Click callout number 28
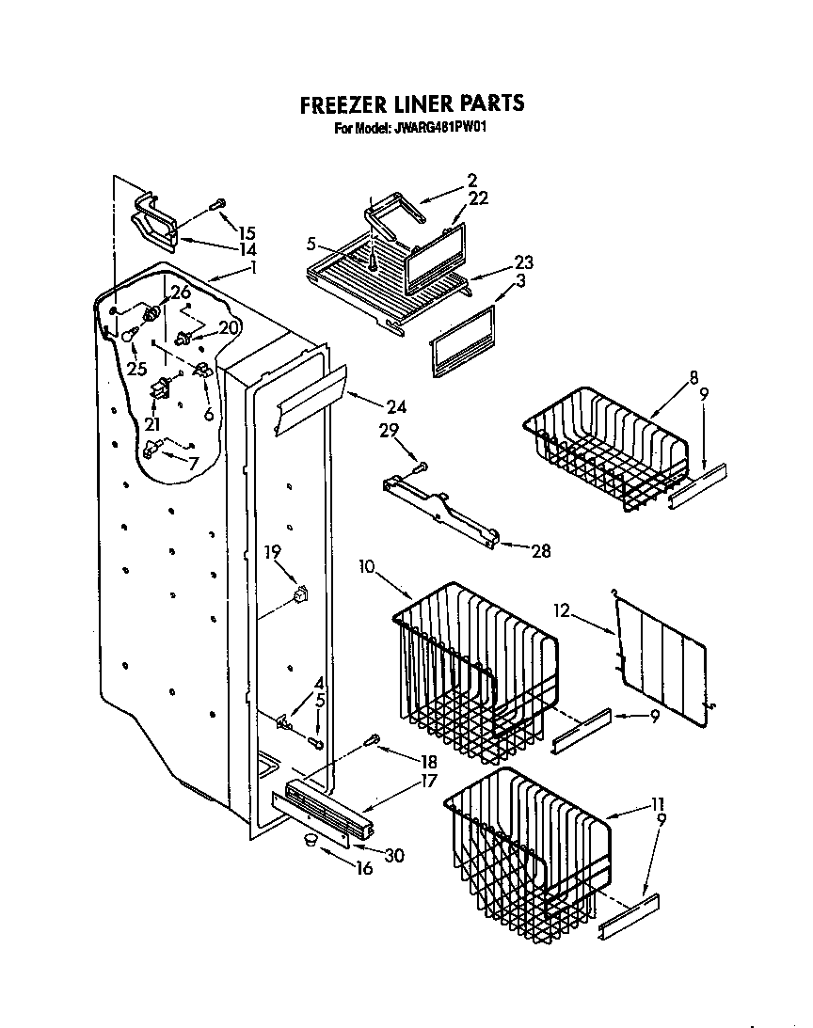(x=541, y=551)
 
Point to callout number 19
(x=272, y=553)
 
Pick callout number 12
(x=562, y=610)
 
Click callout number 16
(x=363, y=868)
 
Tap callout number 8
(x=693, y=378)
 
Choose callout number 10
(x=368, y=566)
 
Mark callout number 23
(x=523, y=262)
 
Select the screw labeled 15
(x=217, y=202)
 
